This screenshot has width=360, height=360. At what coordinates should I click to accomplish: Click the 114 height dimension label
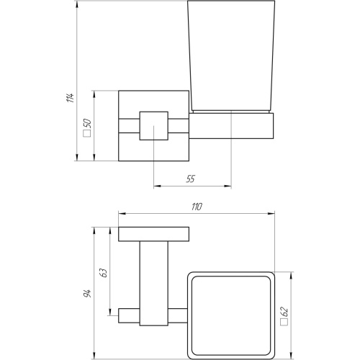click(70, 98)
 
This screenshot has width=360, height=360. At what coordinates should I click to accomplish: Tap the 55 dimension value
click(191, 179)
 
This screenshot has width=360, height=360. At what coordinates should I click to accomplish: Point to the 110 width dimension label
click(197, 207)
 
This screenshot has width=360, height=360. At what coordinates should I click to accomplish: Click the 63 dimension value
click(104, 273)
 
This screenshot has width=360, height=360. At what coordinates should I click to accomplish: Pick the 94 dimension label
click(87, 293)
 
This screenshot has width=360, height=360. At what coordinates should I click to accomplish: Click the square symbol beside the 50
click(87, 134)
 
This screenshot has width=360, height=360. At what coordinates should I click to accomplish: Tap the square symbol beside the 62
click(284, 323)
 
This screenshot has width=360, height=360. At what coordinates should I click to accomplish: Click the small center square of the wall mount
click(154, 125)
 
